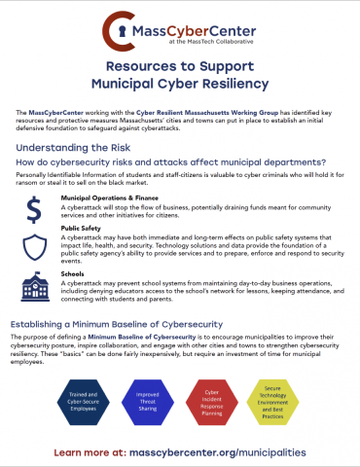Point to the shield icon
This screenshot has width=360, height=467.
(x=34, y=244)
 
